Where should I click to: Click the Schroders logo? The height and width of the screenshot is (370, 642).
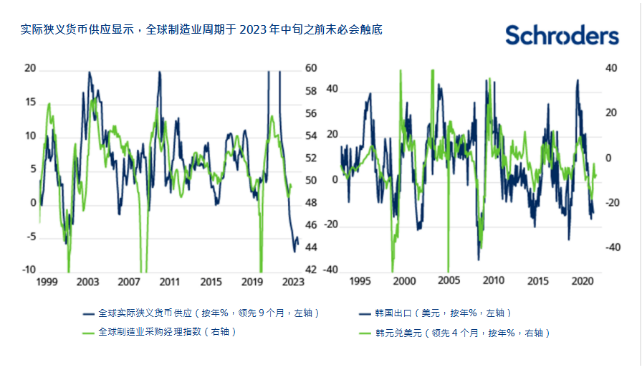tap(562, 35)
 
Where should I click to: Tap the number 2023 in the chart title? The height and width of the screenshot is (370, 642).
tap(254, 30)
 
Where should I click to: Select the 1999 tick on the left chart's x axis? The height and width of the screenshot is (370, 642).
tap(47, 282)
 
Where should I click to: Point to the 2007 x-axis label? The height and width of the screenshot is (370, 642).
tap(128, 282)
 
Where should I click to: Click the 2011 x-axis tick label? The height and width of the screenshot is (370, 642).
tap(169, 282)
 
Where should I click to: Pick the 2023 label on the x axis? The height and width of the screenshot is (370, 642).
tap(292, 282)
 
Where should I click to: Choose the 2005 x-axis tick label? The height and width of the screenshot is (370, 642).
tap(449, 282)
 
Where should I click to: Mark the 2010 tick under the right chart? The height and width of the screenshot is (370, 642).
tap(493, 282)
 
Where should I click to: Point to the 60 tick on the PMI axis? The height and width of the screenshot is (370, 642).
tap(311, 69)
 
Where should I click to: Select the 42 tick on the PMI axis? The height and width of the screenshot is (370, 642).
tap(311, 270)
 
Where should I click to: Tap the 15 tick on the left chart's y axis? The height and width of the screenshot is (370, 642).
tap(29, 102)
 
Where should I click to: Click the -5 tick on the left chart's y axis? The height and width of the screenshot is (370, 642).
tap(29, 237)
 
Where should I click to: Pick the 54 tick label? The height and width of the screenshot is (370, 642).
tap(311, 136)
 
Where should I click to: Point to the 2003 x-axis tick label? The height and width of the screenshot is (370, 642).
tap(87, 282)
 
